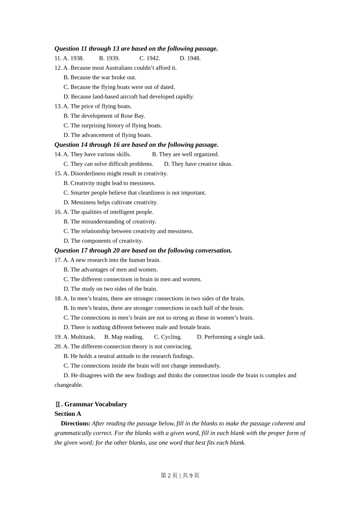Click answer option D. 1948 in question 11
pyautogui.click(x=190, y=58)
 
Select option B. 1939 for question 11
pyautogui.click(x=109, y=58)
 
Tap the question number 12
pyautogui.click(x=58, y=68)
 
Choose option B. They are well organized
pyautogui.click(x=185, y=154)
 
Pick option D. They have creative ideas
pyautogui.click(x=198, y=164)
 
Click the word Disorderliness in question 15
pyautogui.click(x=89, y=173)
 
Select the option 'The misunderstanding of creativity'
pyautogui.click(x=113, y=222)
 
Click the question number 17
pyautogui.click(x=58, y=260)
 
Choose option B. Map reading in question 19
pyautogui.click(x=124, y=337)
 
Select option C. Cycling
pyautogui.click(x=168, y=337)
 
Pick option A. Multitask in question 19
pyautogui.click(x=79, y=337)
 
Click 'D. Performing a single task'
pyautogui.click(x=230, y=337)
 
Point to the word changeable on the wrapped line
pyautogui.click(x=68, y=385)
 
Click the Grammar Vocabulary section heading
pyautogui.click(x=95, y=404)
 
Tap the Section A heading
pyautogui.click(x=68, y=414)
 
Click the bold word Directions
pyautogui.click(x=75, y=423)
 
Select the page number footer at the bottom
pyautogui.click(x=180, y=475)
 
